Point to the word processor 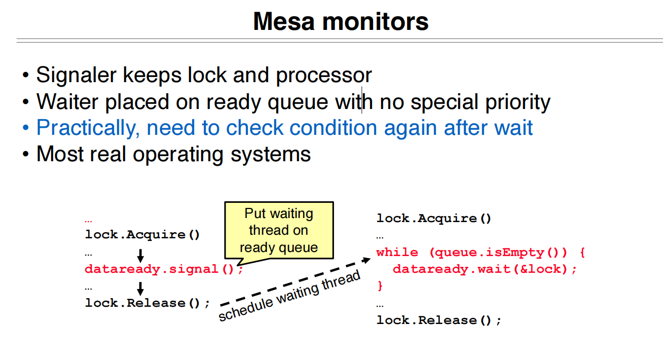click(x=323, y=76)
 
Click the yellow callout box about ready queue click(x=279, y=230)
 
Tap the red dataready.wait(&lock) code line click(x=485, y=269)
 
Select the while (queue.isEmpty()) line click(x=481, y=253)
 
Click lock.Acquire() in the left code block click(x=142, y=235)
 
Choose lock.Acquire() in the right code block click(x=434, y=219)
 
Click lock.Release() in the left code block click(x=147, y=303)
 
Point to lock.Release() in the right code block click(x=438, y=320)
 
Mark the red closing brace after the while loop click(x=380, y=286)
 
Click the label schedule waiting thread click(x=289, y=297)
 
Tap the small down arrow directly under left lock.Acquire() click(x=141, y=255)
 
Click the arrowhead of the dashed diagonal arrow click(x=367, y=260)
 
